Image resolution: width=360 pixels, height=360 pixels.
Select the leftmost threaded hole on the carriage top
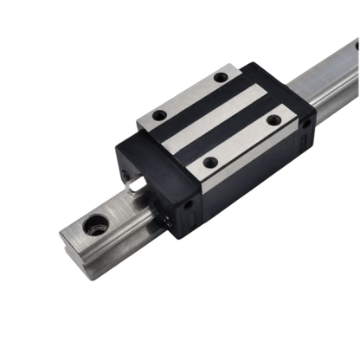[x=159, y=114]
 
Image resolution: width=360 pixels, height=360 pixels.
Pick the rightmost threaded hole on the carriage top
[x=273, y=120]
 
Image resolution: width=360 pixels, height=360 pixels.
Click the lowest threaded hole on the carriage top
[x=209, y=161]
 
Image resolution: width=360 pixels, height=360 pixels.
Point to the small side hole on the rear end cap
[x=305, y=125]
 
